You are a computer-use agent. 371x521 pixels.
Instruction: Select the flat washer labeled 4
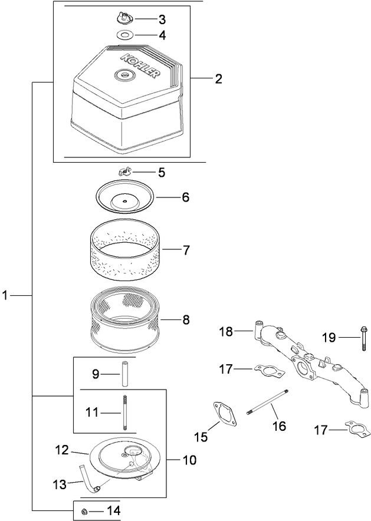click(x=124, y=34)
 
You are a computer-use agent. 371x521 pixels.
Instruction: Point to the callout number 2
click(x=218, y=78)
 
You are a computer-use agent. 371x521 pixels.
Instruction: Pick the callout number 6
click(x=185, y=197)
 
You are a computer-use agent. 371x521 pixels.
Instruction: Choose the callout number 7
click(x=186, y=250)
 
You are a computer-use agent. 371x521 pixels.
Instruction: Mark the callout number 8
click(x=186, y=320)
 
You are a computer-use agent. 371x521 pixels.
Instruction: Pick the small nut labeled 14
click(x=85, y=510)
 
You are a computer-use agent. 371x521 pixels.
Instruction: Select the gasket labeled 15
click(x=222, y=413)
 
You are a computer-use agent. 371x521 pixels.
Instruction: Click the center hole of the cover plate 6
click(x=125, y=200)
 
